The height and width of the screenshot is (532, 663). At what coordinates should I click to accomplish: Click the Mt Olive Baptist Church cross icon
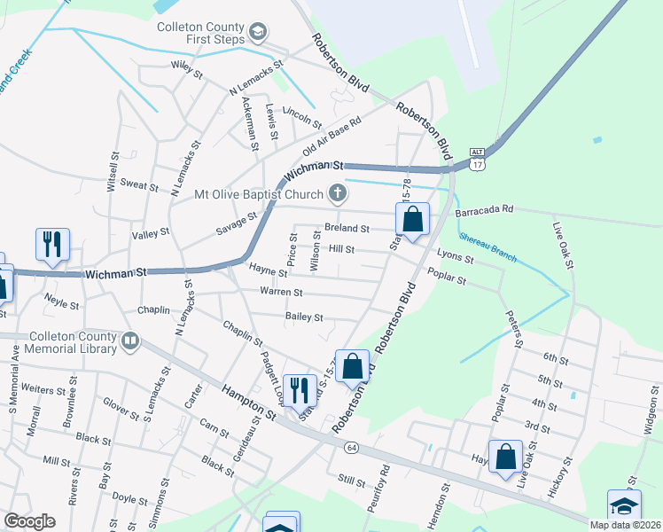(337, 192)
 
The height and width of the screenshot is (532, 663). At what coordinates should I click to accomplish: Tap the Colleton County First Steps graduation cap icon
(258, 34)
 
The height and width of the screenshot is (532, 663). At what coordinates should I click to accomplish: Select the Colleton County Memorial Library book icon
(129, 340)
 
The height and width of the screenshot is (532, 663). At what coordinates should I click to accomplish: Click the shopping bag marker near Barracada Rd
(412, 218)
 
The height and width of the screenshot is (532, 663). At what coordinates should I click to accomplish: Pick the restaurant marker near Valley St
(52, 244)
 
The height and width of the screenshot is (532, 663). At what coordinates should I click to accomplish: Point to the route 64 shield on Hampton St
(351, 446)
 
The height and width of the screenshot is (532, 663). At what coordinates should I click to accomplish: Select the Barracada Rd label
(484, 210)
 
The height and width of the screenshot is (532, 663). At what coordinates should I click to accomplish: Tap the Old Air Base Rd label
(332, 136)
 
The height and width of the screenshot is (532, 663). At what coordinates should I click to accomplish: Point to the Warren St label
(281, 292)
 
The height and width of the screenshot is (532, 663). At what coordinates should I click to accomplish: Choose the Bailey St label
(303, 317)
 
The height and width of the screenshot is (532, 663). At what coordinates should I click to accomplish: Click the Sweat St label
(138, 187)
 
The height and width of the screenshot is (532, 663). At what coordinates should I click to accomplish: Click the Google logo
(29, 521)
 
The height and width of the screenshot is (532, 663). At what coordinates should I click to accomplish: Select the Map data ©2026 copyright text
(625, 525)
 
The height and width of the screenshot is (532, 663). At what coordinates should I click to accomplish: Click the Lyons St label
(456, 260)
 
